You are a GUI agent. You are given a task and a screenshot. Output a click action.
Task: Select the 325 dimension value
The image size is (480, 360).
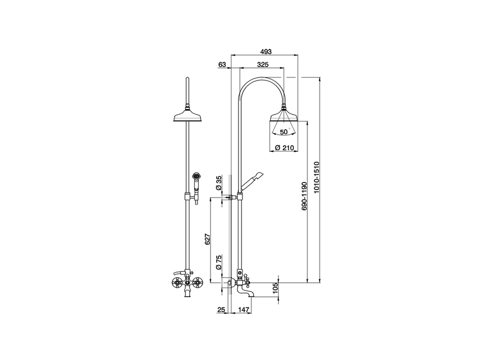tap(262, 64)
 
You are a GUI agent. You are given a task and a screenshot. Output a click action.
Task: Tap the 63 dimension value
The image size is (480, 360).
tap(222, 64)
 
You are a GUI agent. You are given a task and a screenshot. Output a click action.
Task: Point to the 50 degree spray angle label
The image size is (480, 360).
tap(283, 132)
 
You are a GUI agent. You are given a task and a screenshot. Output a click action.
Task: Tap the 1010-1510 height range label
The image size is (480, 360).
tap(316, 177)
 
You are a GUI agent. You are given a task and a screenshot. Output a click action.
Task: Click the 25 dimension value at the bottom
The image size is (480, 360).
tap(221, 310)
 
